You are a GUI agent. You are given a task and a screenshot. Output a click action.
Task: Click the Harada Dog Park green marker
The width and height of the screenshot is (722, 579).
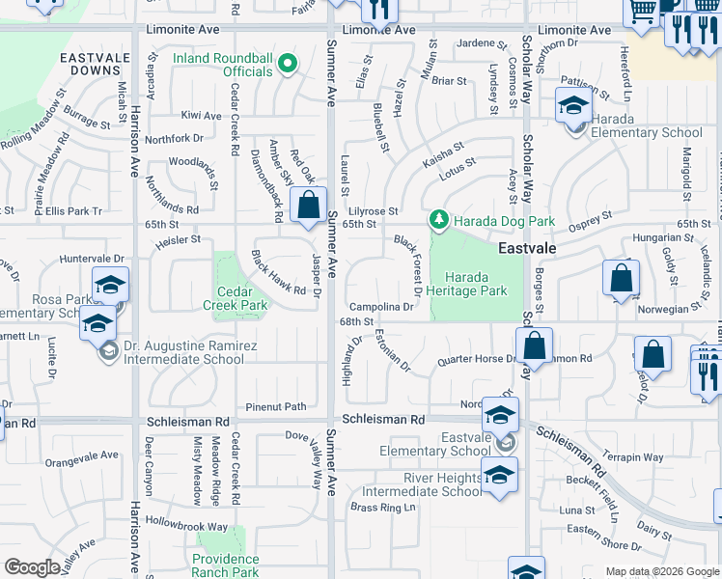[x=439, y=221]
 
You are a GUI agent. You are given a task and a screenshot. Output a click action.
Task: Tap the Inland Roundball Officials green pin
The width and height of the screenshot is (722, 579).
[x=286, y=65]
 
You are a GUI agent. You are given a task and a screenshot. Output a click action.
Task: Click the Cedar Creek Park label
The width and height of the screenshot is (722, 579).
[x=228, y=298]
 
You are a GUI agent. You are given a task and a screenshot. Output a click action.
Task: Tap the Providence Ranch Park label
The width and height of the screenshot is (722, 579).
[x=225, y=565]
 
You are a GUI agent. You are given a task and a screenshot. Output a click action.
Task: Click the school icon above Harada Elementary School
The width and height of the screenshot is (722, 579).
[x=573, y=105]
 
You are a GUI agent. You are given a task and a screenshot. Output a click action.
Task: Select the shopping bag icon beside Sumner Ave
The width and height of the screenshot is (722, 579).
[x=308, y=206]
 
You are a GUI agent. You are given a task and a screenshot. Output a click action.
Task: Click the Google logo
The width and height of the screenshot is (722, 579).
[x=31, y=567]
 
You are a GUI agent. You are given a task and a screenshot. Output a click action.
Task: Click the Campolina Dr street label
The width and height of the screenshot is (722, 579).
[x=381, y=307]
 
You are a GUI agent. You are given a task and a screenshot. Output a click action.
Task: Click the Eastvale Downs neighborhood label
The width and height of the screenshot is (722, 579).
[x=96, y=65]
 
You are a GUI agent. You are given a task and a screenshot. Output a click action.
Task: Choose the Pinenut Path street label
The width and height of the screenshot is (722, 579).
[x=275, y=406]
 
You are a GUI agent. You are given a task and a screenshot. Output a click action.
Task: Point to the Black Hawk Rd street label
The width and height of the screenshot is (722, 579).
[x=278, y=273]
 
